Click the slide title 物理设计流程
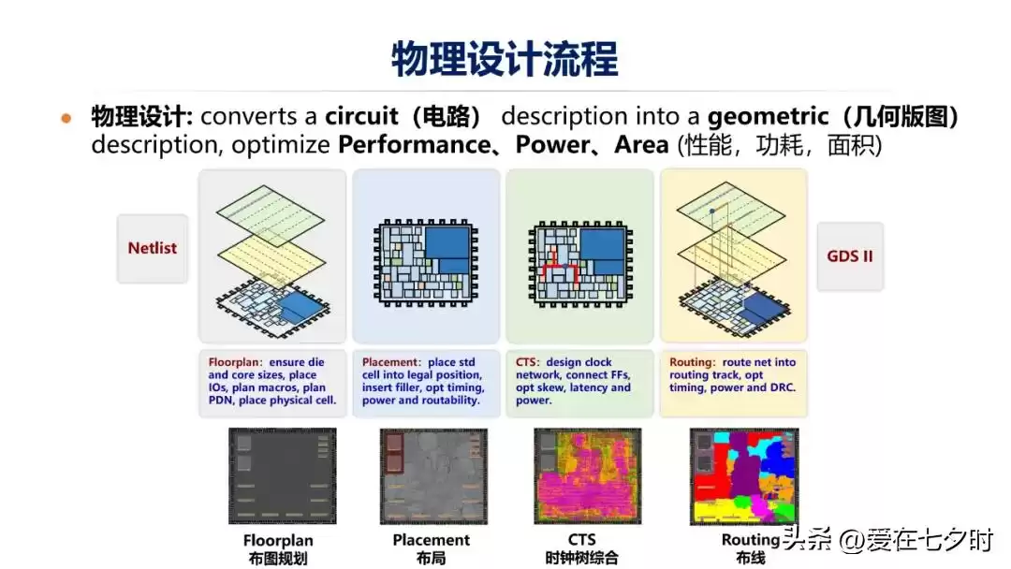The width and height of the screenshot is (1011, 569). pyautogui.click(x=505, y=59)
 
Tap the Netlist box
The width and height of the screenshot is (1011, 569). pyautogui.click(x=152, y=248)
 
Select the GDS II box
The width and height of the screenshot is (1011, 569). pyautogui.click(x=849, y=255)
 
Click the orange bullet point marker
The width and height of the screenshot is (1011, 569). pyautogui.click(x=66, y=119)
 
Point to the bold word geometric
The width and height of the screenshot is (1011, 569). pyautogui.click(x=768, y=117)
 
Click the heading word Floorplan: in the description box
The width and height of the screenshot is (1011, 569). pyautogui.click(x=238, y=361)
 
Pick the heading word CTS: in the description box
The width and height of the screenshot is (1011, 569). pyautogui.click(x=528, y=361)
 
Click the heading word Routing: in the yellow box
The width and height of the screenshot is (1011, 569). pyautogui.click(x=696, y=361)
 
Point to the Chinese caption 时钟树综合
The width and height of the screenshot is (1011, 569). pyautogui.click(x=581, y=558)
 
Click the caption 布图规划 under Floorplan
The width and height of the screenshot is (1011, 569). pyautogui.click(x=278, y=558)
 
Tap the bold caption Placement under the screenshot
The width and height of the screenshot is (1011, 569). pyautogui.click(x=431, y=540)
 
